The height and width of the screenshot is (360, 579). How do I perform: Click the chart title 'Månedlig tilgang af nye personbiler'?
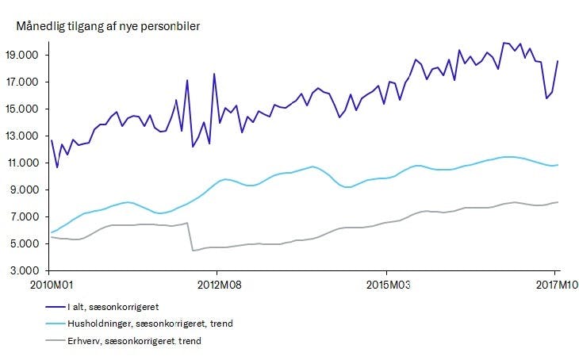(107, 26)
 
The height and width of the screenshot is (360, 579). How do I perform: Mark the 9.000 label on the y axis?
(29, 190)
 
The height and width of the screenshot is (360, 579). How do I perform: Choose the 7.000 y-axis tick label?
(29, 216)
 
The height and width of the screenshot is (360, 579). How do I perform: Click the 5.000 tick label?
(29, 243)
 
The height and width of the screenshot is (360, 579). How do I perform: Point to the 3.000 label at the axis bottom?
(29, 270)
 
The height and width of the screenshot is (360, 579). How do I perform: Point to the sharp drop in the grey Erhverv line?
(191, 237)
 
